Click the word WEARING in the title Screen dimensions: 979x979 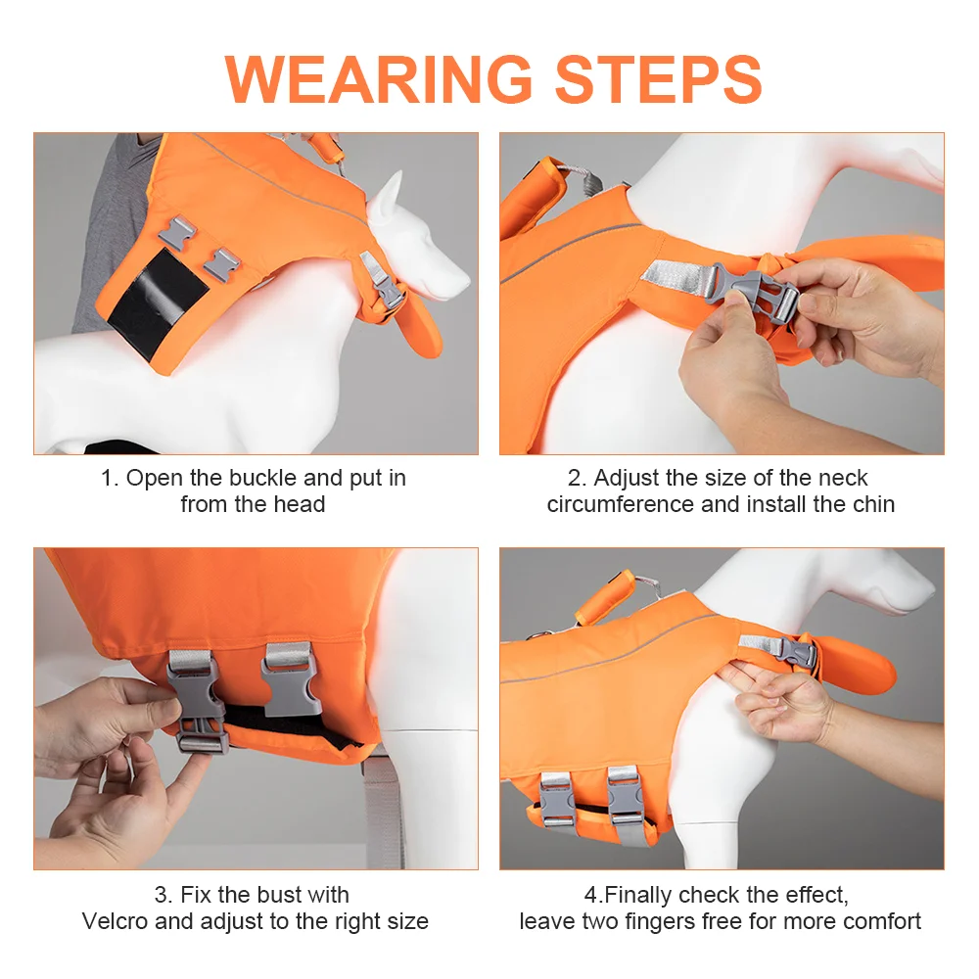click(x=378, y=79)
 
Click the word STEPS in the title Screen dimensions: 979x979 click(x=659, y=79)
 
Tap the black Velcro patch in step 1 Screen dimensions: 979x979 click(x=158, y=303)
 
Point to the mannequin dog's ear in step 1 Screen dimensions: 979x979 click(x=387, y=199)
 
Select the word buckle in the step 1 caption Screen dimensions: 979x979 click(x=262, y=479)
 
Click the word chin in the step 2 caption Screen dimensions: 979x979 click(x=869, y=504)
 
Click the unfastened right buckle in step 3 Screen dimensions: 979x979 click(x=292, y=680)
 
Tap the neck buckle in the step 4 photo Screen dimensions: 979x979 click(x=795, y=652)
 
